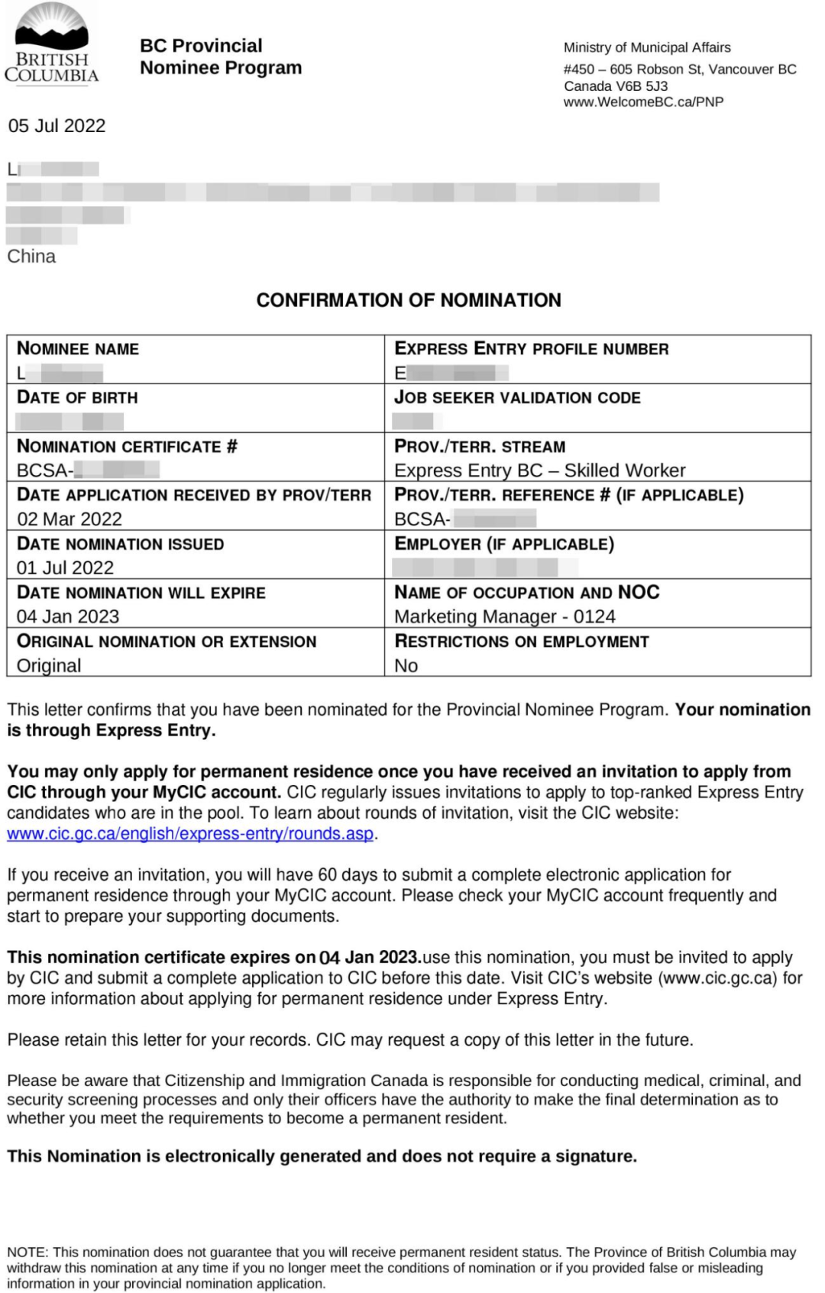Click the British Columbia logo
tap(52, 44)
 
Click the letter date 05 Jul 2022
tap(57, 126)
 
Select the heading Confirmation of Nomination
tap(409, 300)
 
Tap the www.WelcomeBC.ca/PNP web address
tap(643, 102)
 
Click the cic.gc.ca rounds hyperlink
tap(190, 834)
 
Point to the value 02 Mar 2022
tap(70, 519)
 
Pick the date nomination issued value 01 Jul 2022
tap(65, 568)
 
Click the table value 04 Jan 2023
tap(68, 617)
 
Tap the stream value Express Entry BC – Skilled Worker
tap(539, 470)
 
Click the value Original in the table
tap(49, 666)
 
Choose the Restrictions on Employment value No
tap(406, 666)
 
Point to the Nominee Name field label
tap(78, 349)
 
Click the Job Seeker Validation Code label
tap(517, 398)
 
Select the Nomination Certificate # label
tap(127, 447)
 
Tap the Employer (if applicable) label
tap(504, 545)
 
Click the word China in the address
tap(31, 257)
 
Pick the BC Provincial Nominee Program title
tap(221, 57)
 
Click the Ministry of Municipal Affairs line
tap(647, 47)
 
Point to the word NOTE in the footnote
tap(27, 1253)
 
